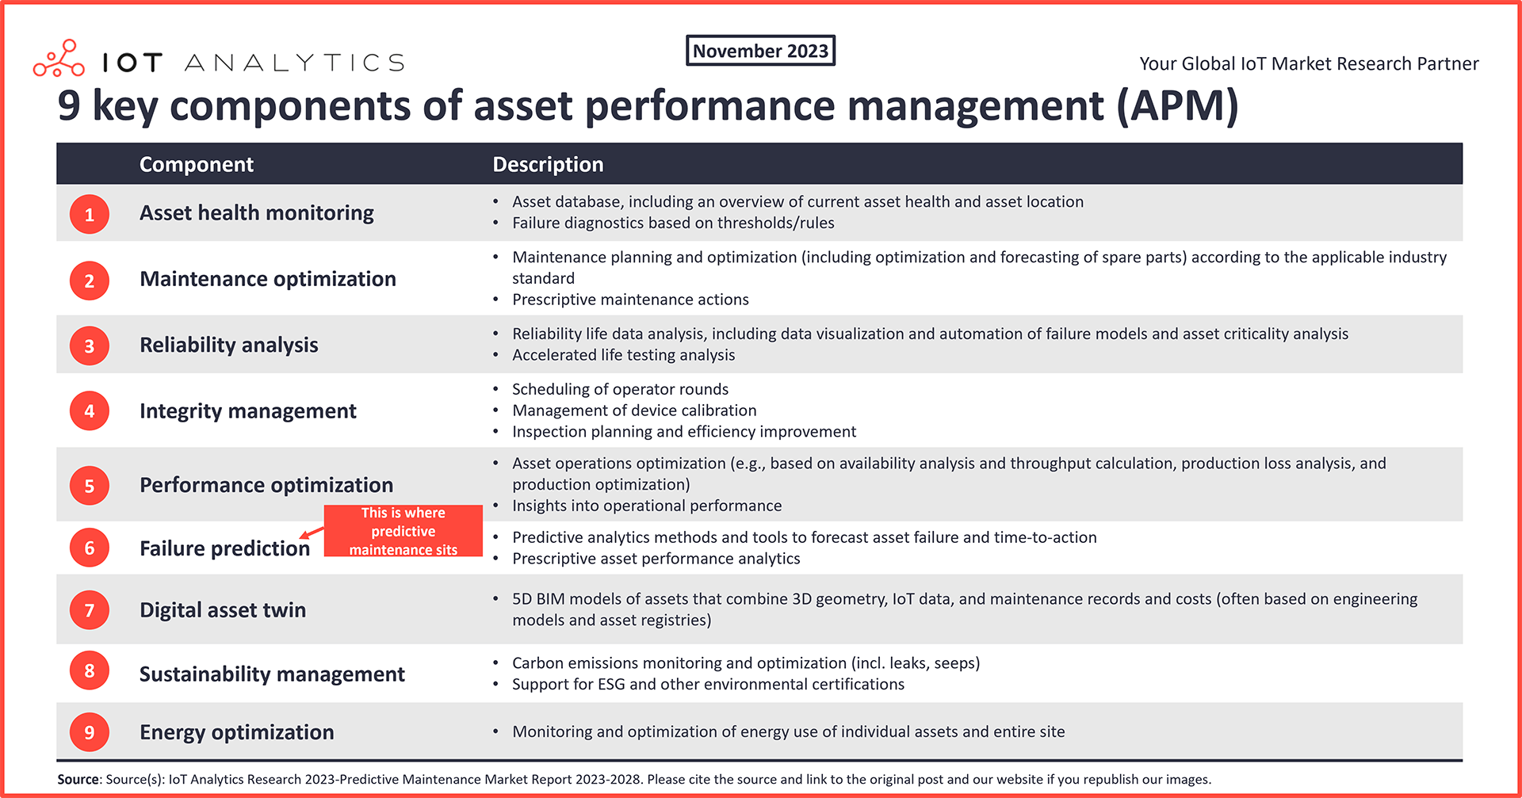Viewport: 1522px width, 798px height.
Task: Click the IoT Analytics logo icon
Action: [x=59, y=58]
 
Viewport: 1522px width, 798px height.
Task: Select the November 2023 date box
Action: [x=760, y=51]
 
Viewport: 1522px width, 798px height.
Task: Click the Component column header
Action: [x=197, y=164]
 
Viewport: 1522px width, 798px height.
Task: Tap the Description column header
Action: [x=548, y=164]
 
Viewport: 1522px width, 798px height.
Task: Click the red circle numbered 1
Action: [x=90, y=214]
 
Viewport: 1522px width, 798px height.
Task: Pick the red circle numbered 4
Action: [x=90, y=410]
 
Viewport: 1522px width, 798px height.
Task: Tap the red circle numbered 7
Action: [x=90, y=609]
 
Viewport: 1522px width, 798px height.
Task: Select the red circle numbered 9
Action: [x=90, y=731]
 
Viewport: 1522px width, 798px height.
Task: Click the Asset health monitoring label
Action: [x=257, y=212]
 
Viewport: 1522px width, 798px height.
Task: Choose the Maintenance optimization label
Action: [x=268, y=279]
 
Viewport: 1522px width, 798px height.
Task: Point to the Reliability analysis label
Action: [x=229, y=345]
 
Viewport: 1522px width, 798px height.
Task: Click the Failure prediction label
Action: [x=224, y=548]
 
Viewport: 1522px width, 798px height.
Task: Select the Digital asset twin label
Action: [x=223, y=609]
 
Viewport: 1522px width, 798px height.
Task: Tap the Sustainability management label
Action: [x=272, y=674]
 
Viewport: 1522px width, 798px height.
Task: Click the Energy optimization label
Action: [x=237, y=731]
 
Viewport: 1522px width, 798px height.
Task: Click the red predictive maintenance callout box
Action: [x=403, y=531]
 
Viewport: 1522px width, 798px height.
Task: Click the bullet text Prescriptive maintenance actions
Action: [x=630, y=300]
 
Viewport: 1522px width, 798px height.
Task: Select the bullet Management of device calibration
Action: [x=634, y=410]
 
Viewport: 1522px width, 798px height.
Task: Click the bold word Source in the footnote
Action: [x=78, y=779]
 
